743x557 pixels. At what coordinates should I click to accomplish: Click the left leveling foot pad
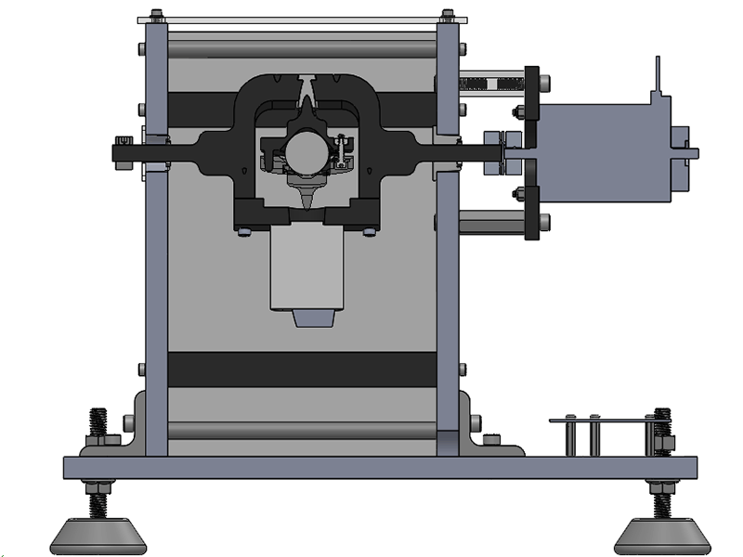tap(95, 535)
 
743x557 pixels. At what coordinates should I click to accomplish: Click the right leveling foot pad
tap(660, 535)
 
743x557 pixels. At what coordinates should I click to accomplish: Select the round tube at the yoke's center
tap(307, 149)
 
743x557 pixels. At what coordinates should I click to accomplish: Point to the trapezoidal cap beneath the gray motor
tap(313, 318)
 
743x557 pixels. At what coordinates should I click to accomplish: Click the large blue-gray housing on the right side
tap(604, 152)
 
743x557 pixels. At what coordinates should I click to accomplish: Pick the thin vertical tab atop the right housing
tap(658, 74)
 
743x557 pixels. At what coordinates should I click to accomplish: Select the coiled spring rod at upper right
tap(492, 84)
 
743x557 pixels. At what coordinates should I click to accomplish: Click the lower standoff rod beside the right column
tap(492, 222)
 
